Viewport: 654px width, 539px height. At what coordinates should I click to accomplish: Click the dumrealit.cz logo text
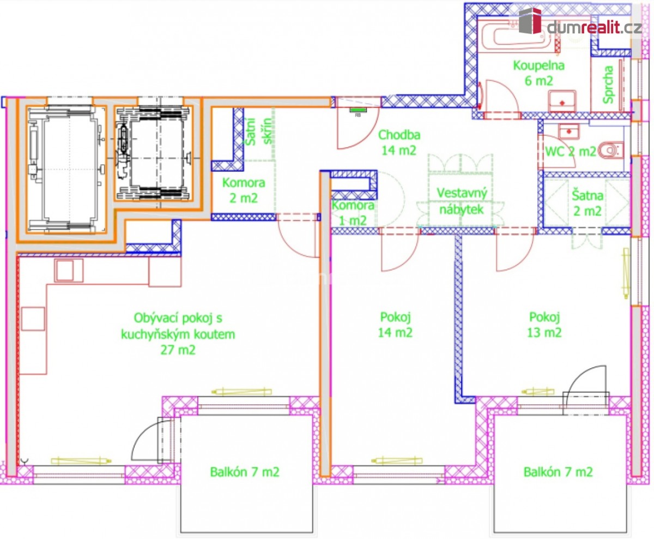tap(594, 26)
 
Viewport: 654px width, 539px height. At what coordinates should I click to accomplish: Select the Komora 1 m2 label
tap(353, 213)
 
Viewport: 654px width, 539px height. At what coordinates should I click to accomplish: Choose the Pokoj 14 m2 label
tap(395, 324)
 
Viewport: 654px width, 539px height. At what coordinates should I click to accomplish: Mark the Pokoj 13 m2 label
tap(545, 324)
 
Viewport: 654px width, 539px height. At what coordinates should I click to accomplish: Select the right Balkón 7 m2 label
tap(558, 472)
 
